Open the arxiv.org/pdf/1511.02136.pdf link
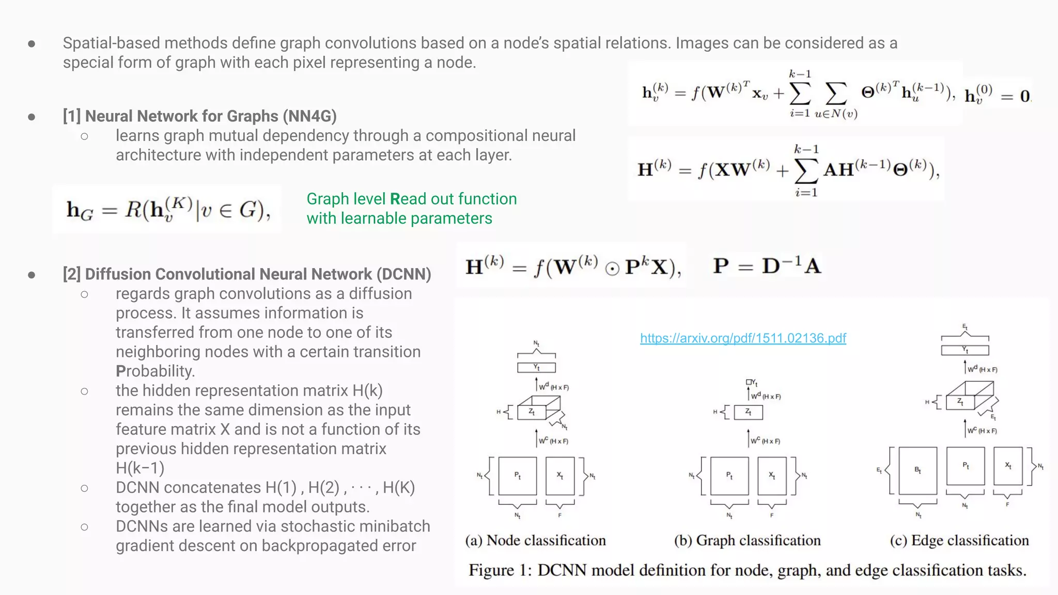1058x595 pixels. pos(743,338)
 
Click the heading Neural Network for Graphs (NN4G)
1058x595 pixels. pos(199,116)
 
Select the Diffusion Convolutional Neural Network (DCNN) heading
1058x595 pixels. pos(247,274)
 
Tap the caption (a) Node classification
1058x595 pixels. pos(535,540)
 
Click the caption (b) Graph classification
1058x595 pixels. pos(747,540)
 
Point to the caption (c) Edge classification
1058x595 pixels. pos(959,540)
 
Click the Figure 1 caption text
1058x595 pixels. pos(747,570)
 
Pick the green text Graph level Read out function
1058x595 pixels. pos(411,199)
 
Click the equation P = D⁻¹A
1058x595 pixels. pos(767,266)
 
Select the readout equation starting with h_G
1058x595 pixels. pos(168,210)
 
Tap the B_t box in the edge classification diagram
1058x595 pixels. pos(917,471)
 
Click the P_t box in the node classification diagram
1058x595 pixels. pos(518,476)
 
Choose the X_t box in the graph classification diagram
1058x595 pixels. pos(772,476)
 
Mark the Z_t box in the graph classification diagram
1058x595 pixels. pos(748,412)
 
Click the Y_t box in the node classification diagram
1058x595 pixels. pos(536,368)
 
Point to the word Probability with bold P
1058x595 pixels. pos(155,371)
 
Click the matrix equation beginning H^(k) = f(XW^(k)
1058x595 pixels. pos(787,169)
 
